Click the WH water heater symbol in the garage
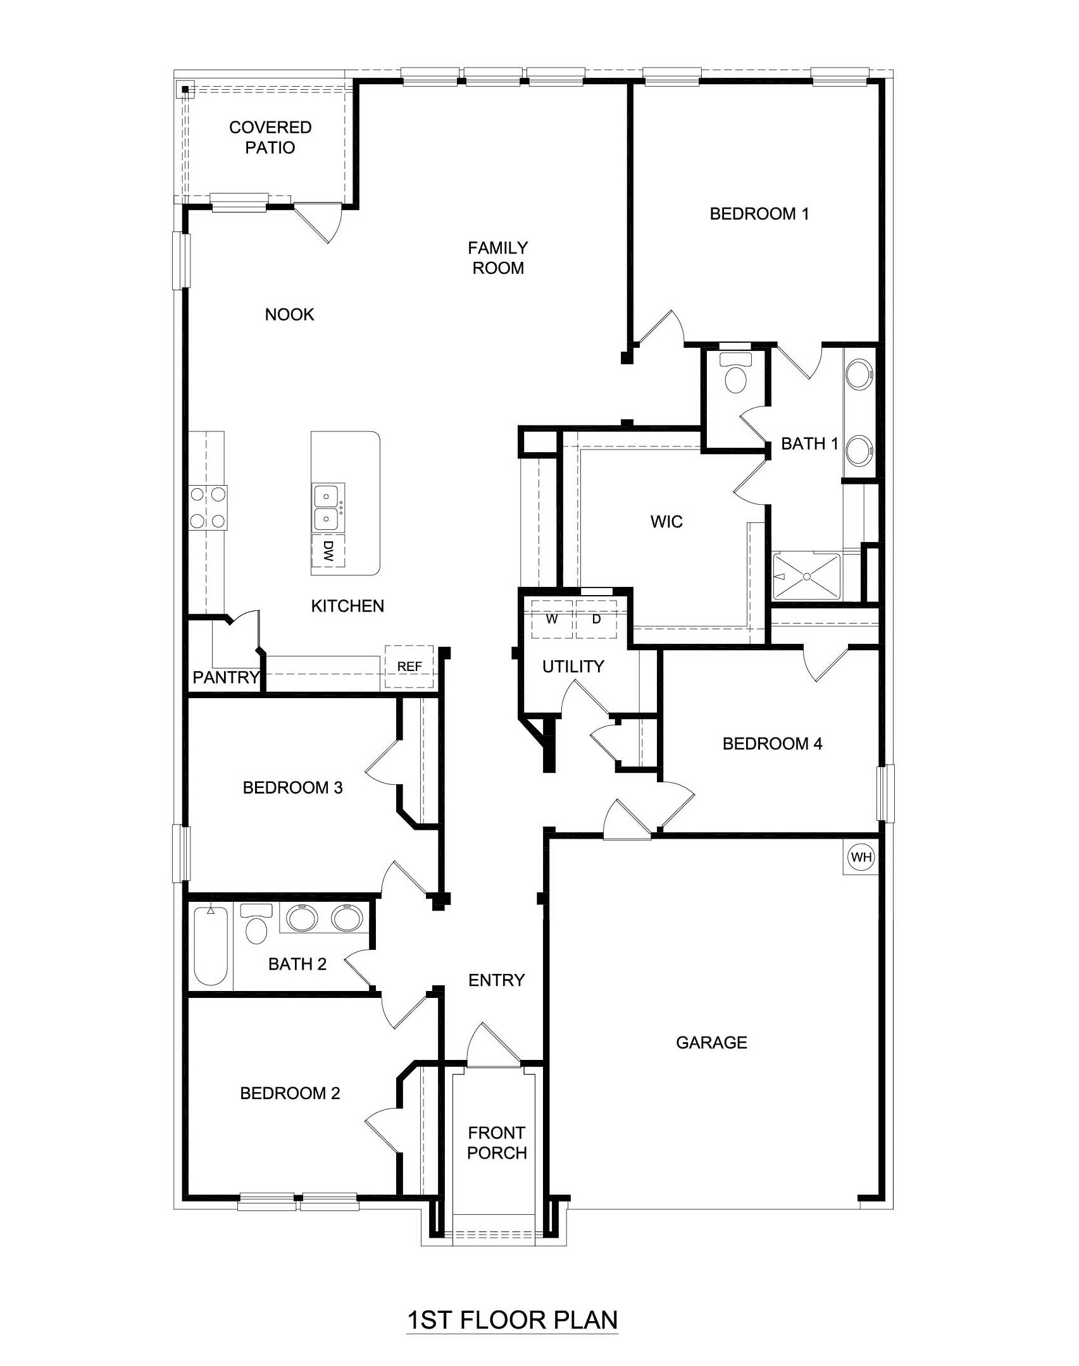(861, 858)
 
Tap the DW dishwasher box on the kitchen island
(328, 551)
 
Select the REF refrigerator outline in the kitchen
(409, 667)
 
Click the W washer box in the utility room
(552, 619)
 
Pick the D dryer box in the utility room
(596, 619)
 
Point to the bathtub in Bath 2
(210, 947)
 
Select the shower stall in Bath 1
(807, 576)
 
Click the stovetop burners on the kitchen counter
(208, 507)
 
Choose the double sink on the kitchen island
(328, 507)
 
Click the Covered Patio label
(270, 137)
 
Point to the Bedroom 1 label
(759, 214)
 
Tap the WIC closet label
(666, 522)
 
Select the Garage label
(711, 1042)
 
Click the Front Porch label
(497, 1143)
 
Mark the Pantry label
(226, 678)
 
